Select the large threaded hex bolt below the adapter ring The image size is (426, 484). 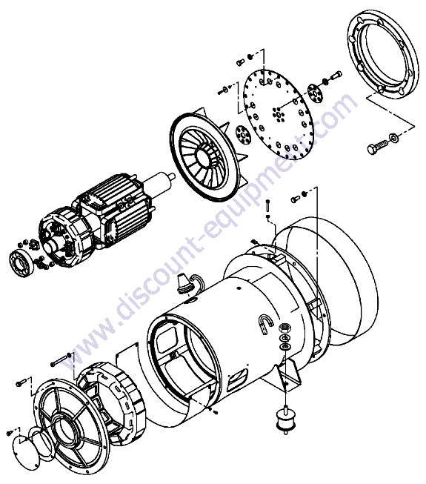[377, 147]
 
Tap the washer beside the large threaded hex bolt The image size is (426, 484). [393, 137]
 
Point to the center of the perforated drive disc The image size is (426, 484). [279, 115]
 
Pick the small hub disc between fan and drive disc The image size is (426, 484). [242, 135]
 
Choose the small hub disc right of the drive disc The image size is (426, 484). [316, 93]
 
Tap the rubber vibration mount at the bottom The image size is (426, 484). [286, 420]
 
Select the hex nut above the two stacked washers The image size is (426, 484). [283, 328]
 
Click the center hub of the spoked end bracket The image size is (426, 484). [67, 427]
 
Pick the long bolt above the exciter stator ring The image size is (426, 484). [61, 359]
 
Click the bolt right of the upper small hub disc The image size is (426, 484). [336, 74]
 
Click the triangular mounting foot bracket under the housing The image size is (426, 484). [288, 373]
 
